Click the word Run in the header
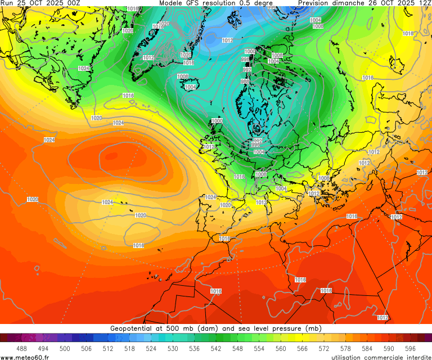pos(7,3)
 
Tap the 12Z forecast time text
pos(424,3)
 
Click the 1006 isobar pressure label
pos(261,174)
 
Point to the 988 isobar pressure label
pos(245,82)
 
